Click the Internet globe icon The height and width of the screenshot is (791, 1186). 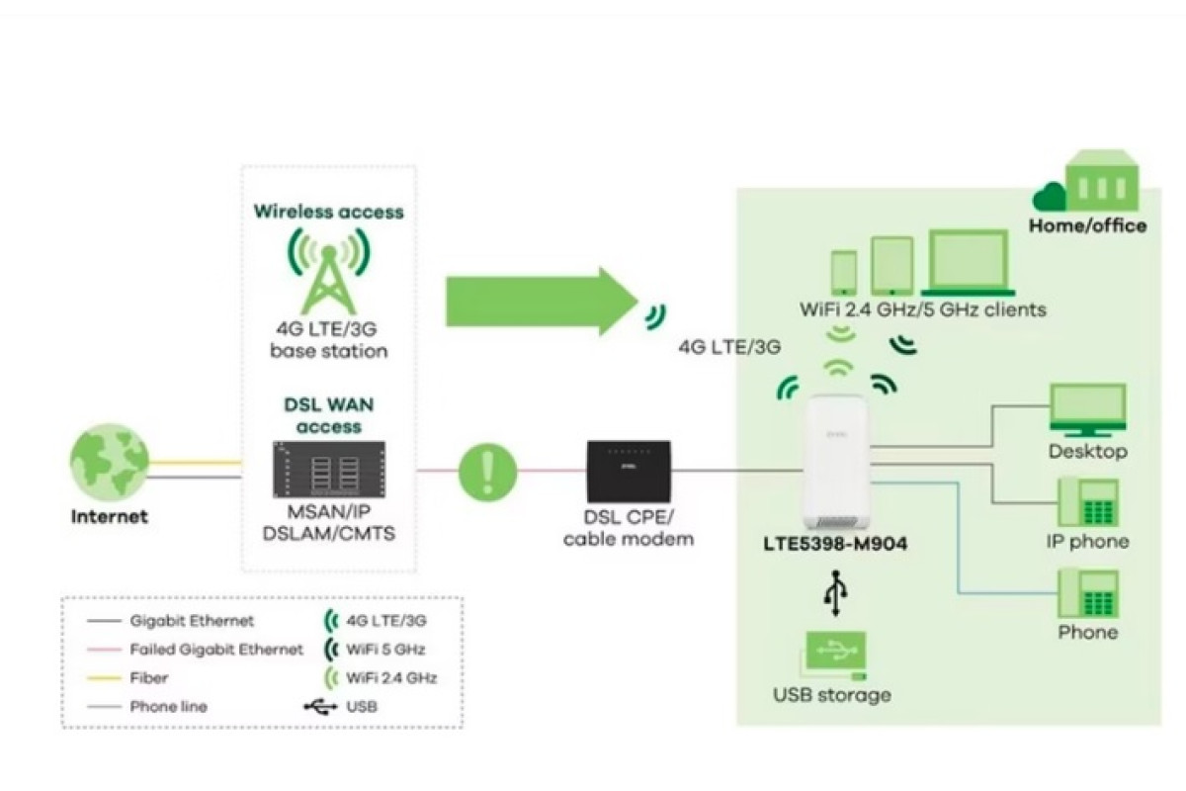click(110, 463)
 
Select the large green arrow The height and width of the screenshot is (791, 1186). click(543, 302)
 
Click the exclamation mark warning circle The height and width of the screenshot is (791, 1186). click(487, 472)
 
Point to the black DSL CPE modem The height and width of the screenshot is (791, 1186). click(629, 472)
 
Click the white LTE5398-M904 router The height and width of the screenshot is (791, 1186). click(836, 463)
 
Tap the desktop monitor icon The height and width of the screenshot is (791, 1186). click(1088, 410)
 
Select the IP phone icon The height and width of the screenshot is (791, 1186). click(1088, 503)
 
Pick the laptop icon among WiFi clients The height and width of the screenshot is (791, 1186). click(969, 263)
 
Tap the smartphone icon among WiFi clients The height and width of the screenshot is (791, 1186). click(844, 272)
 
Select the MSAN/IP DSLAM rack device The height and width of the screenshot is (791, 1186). click(329, 470)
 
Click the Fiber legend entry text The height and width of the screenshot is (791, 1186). click(149, 677)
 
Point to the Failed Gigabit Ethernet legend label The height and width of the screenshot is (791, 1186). click(216, 649)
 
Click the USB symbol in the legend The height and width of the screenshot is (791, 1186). click(320, 706)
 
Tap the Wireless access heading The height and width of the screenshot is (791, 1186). click(329, 212)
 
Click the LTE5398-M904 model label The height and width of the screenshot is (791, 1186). click(835, 544)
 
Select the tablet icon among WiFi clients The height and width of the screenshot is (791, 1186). click(892, 265)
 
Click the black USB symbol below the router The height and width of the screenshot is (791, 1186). click(836, 593)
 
